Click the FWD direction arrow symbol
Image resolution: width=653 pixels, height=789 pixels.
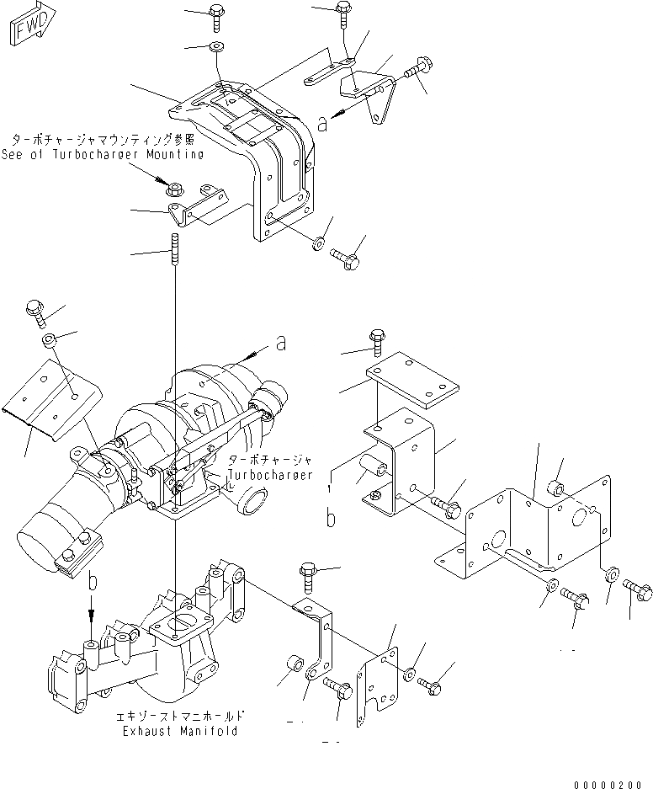point(32,23)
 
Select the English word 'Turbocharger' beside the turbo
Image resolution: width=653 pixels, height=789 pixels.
point(271,474)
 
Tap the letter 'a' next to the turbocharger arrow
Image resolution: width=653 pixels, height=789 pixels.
point(280,343)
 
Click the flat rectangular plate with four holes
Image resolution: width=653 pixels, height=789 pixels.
point(412,380)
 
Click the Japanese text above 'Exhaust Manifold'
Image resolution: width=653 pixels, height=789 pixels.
point(182,716)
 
